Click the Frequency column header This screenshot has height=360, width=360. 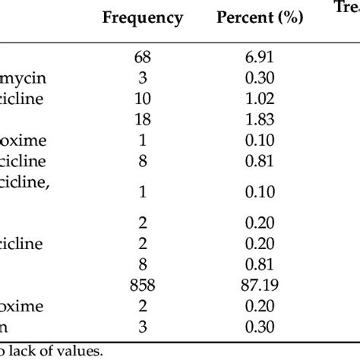click(143, 17)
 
